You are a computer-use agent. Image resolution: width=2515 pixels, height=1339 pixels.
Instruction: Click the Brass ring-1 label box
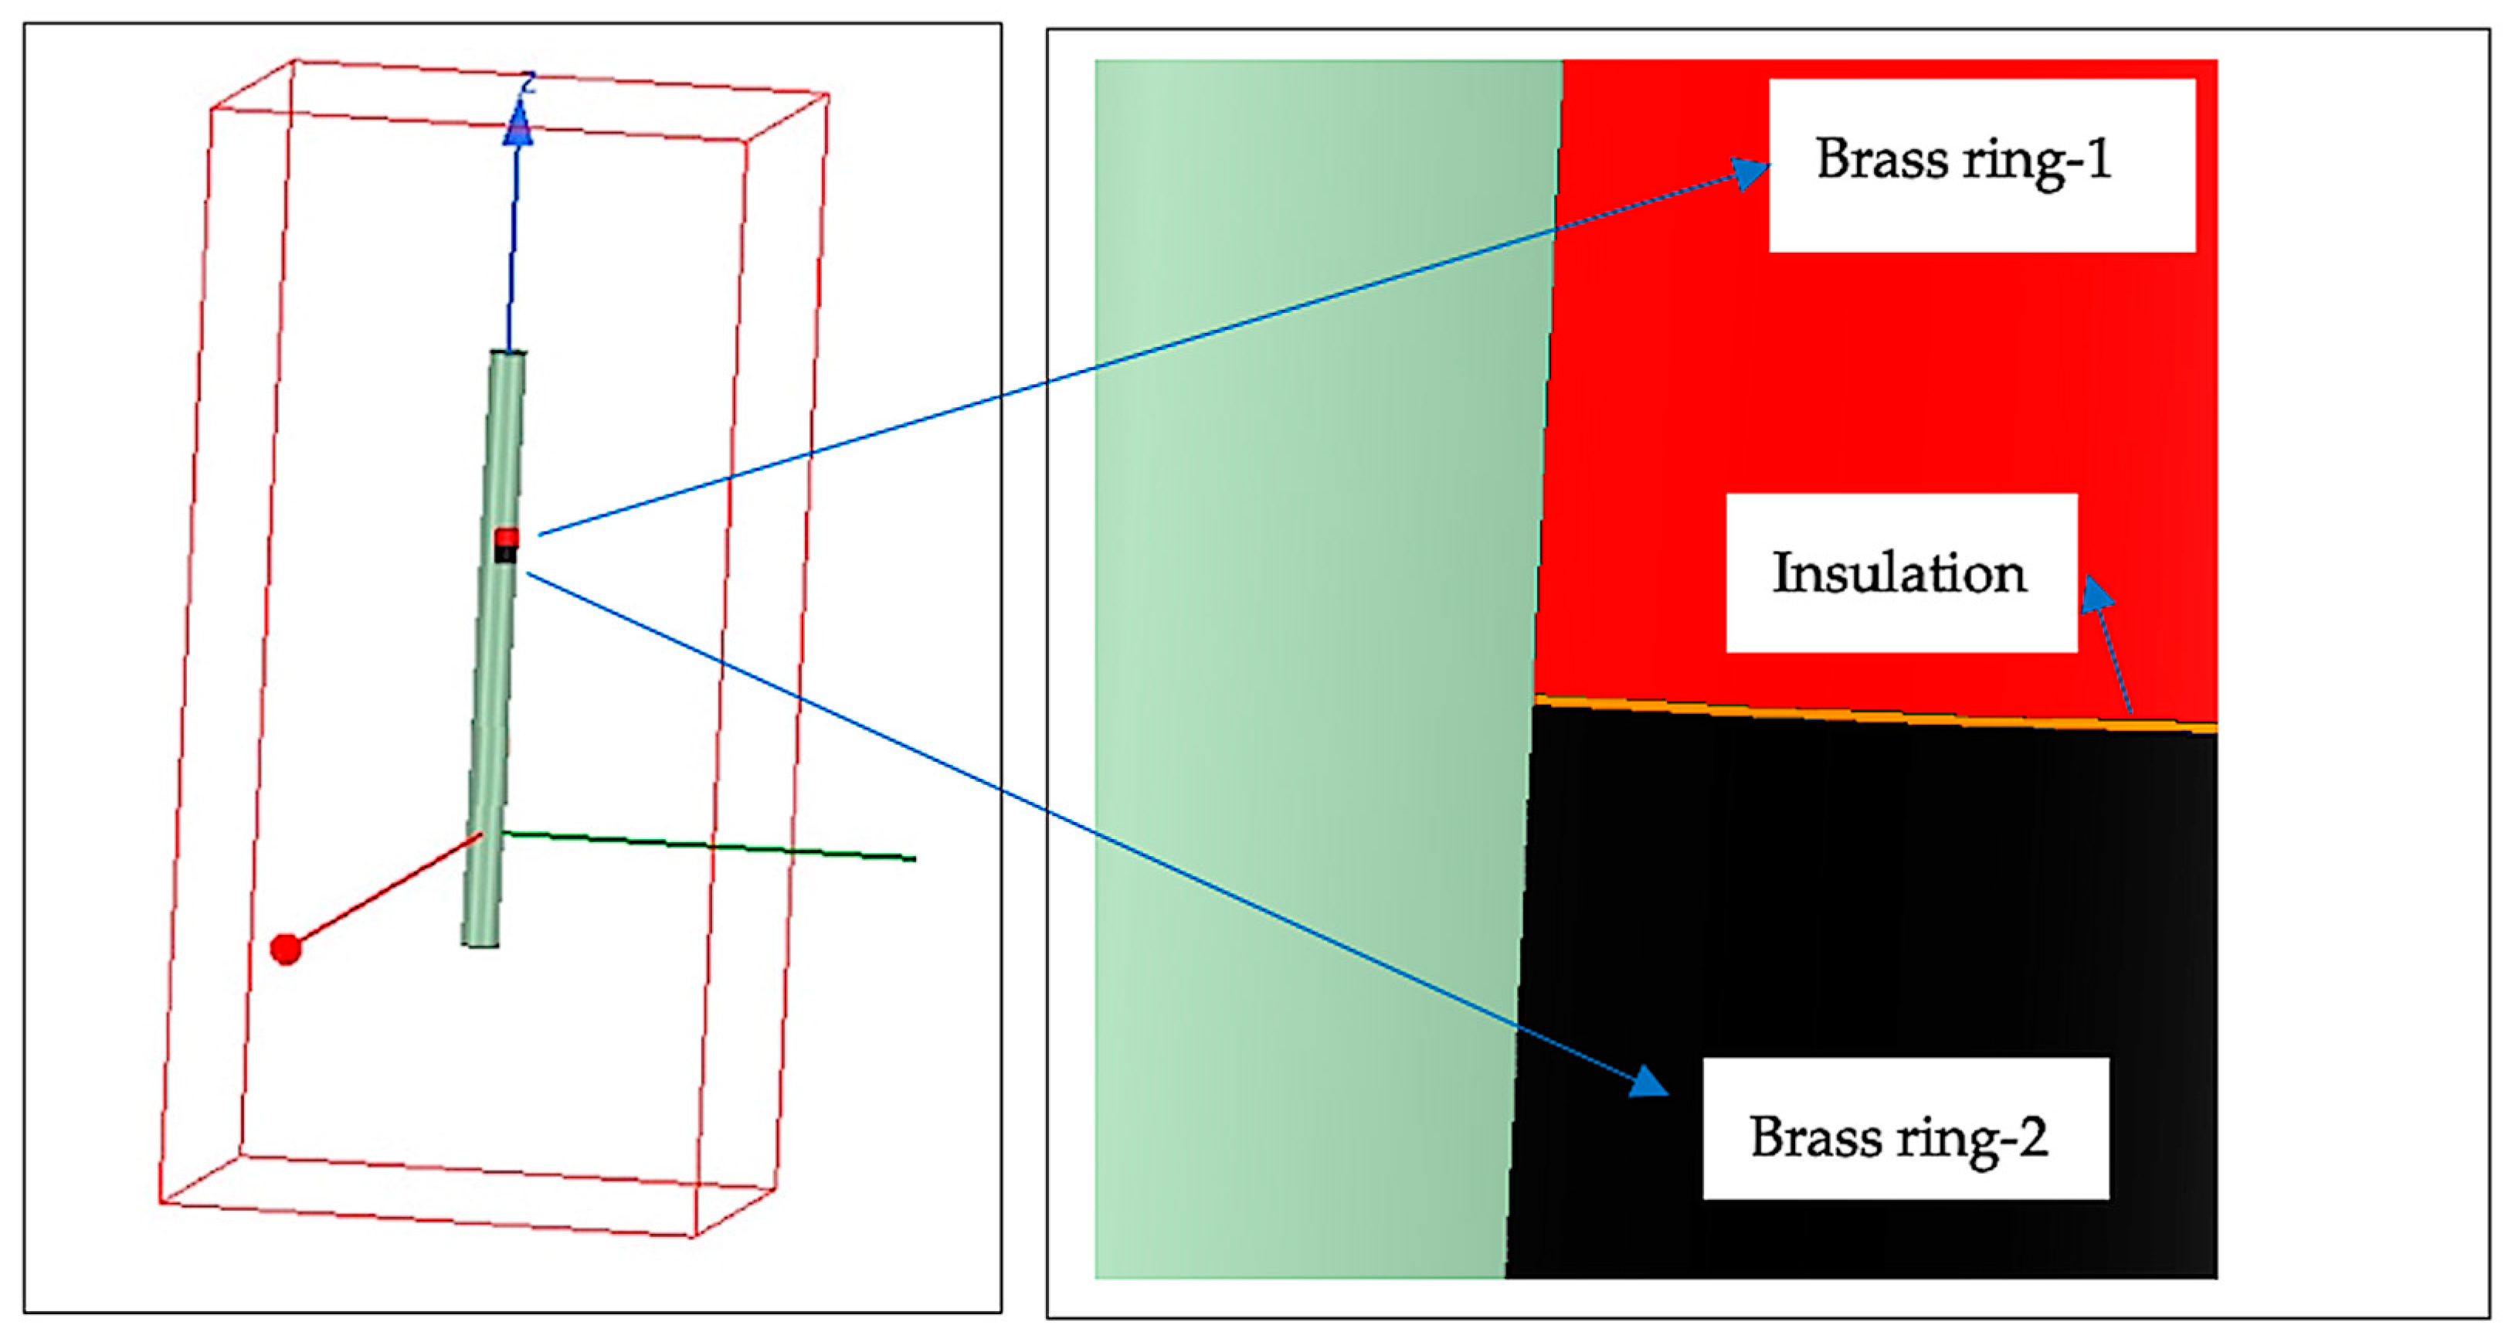1982,165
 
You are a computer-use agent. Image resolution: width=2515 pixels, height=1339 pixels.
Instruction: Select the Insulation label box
1901,573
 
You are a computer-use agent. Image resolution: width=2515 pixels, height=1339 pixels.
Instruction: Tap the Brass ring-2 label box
1905,1128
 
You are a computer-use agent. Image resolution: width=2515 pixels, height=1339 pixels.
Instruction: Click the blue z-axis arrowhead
518,125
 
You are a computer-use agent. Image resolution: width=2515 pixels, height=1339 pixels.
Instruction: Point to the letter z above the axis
528,82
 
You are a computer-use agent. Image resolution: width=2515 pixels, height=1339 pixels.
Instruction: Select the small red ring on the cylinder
507,537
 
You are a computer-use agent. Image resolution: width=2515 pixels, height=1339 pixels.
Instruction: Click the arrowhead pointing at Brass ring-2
1649,1082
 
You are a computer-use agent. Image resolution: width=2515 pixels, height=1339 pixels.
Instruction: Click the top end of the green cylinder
507,354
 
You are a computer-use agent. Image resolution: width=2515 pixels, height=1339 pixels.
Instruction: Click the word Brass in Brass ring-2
1815,1136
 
